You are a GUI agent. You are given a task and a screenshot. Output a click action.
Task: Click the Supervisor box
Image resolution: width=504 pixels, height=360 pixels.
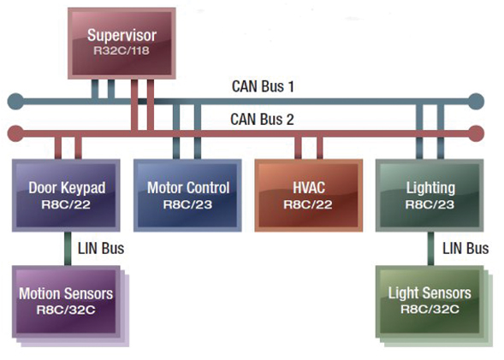[x=122, y=43]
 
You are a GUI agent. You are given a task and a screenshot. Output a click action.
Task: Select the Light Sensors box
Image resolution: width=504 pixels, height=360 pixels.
[x=429, y=300]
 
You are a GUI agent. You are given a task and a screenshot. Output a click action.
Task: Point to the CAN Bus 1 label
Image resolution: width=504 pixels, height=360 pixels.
[x=263, y=86]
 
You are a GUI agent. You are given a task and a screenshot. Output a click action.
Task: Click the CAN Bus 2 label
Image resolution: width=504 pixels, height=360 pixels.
[x=263, y=120]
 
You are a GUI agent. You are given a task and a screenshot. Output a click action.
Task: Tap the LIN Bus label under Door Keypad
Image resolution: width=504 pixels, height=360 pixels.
[x=102, y=249]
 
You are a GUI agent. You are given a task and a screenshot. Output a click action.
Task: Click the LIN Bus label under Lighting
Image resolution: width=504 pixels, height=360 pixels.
[x=466, y=249]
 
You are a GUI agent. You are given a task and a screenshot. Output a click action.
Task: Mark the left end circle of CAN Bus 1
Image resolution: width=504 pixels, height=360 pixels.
[x=15, y=103]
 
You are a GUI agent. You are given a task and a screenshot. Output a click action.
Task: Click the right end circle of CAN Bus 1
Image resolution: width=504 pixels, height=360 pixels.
[x=476, y=103]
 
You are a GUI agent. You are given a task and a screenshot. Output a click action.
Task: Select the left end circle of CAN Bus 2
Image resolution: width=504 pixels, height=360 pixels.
[x=15, y=133]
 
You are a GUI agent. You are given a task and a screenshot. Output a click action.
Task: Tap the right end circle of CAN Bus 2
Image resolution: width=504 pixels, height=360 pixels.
[x=476, y=133]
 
